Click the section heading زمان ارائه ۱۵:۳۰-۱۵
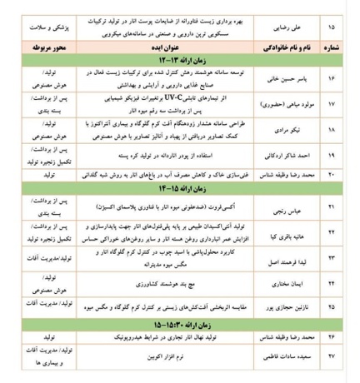[x=177, y=327]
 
